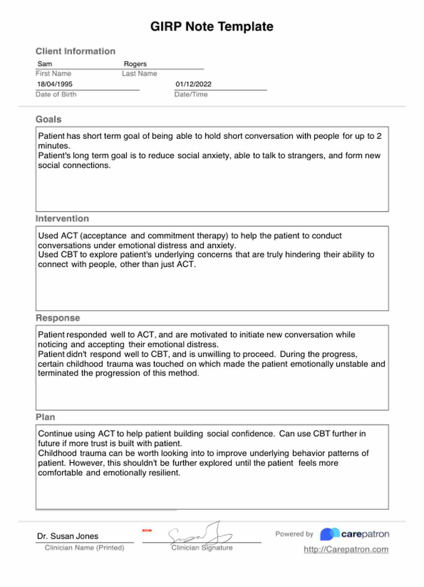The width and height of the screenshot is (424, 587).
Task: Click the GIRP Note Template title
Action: point(212,27)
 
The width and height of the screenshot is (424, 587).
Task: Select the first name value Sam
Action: point(45,64)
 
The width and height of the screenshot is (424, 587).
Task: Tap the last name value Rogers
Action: point(135,64)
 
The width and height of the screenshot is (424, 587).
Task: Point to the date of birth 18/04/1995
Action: point(55,84)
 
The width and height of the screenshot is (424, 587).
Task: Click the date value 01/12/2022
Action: point(193,84)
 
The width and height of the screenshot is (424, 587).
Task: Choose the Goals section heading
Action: point(48,119)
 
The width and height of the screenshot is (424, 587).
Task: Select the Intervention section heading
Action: point(62,219)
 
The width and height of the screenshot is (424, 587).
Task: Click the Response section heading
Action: point(58,318)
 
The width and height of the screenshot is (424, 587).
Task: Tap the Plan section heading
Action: point(45,417)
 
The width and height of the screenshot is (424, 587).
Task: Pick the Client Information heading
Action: point(75,51)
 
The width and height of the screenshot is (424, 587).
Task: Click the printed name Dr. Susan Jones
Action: point(67,536)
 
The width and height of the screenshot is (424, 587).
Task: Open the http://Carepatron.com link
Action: point(346,550)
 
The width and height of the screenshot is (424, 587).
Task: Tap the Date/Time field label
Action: point(191,94)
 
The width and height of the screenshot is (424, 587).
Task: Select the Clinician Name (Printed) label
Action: point(84,548)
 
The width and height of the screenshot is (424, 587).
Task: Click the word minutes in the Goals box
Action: point(53,146)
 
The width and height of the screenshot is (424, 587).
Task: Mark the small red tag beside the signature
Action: point(147,530)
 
